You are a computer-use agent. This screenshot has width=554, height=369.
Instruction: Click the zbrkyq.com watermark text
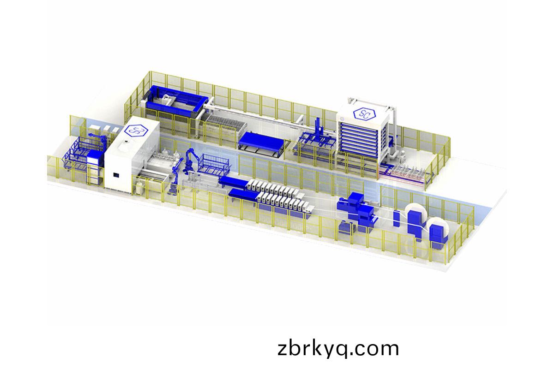click(338, 349)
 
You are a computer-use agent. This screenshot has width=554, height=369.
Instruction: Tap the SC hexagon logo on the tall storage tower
click(364, 114)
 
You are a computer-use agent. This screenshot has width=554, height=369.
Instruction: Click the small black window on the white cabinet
click(116, 175)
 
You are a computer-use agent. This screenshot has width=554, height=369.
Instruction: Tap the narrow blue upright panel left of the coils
click(396, 219)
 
